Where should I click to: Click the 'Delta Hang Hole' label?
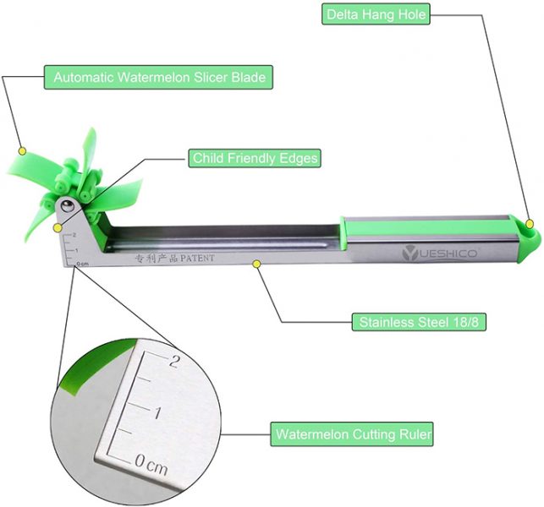pyautogui.click(x=376, y=14)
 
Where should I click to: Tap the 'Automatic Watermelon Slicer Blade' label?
pyautogui.click(x=158, y=77)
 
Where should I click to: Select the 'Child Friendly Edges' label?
pyautogui.click(x=255, y=158)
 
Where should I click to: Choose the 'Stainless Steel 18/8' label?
pyautogui.click(x=419, y=322)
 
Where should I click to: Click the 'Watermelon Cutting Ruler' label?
pyautogui.click(x=352, y=433)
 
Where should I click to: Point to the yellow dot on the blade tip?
pyautogui.click(x=23, y=151)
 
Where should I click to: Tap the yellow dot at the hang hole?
pyautogui.click(x=530, y=224)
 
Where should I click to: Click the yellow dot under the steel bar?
pyautogui.click(x=256, y=264)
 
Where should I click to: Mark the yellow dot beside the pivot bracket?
pyautogui.click(x=58, y=228)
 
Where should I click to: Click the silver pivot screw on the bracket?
pyautogui.click(x=68, y=206)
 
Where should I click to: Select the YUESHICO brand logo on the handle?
pyautogui.click(x=440, y=253)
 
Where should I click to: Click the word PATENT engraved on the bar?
pyautogui.click(x=197, y=259)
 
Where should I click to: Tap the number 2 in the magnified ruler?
pyautogui.click(x=173, y=362)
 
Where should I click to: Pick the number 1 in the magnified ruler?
pyautogui.click(x=158, y=412)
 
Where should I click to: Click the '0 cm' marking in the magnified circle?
pyautogui.click(x=151, y=466)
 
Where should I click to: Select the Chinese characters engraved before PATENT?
pyautogui.click(x=157, y=259)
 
